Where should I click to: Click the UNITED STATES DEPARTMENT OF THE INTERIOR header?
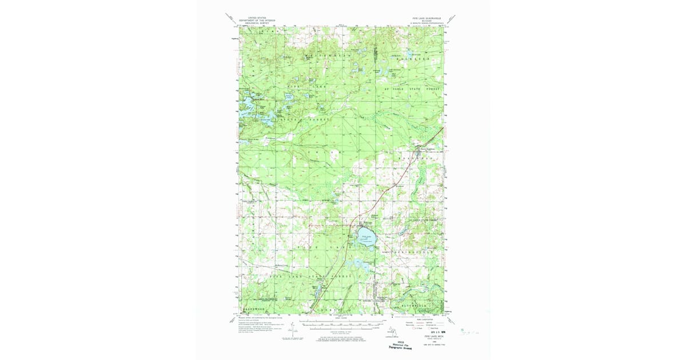(x=257, y=20)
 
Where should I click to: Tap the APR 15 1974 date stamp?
(x=430, y=330)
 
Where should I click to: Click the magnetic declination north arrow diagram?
(x=292, y=330)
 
